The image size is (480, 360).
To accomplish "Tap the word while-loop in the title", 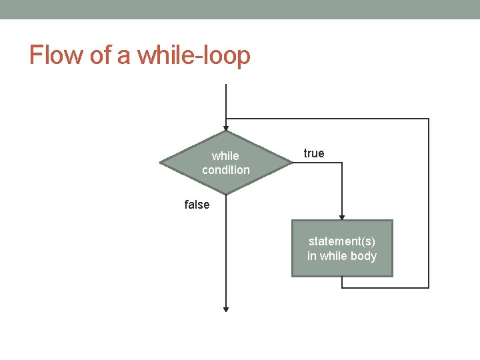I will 194,55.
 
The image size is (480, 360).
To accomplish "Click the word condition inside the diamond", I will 226,170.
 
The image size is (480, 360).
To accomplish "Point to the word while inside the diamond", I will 225,156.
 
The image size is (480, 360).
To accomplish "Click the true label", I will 314,153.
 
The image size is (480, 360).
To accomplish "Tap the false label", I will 197,205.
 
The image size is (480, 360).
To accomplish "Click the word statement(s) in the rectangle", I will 342,241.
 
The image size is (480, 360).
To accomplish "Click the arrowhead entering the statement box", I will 342,217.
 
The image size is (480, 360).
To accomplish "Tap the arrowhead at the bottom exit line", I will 226,309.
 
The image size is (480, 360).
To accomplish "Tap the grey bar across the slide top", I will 240,9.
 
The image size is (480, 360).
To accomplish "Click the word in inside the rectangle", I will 312,256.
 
